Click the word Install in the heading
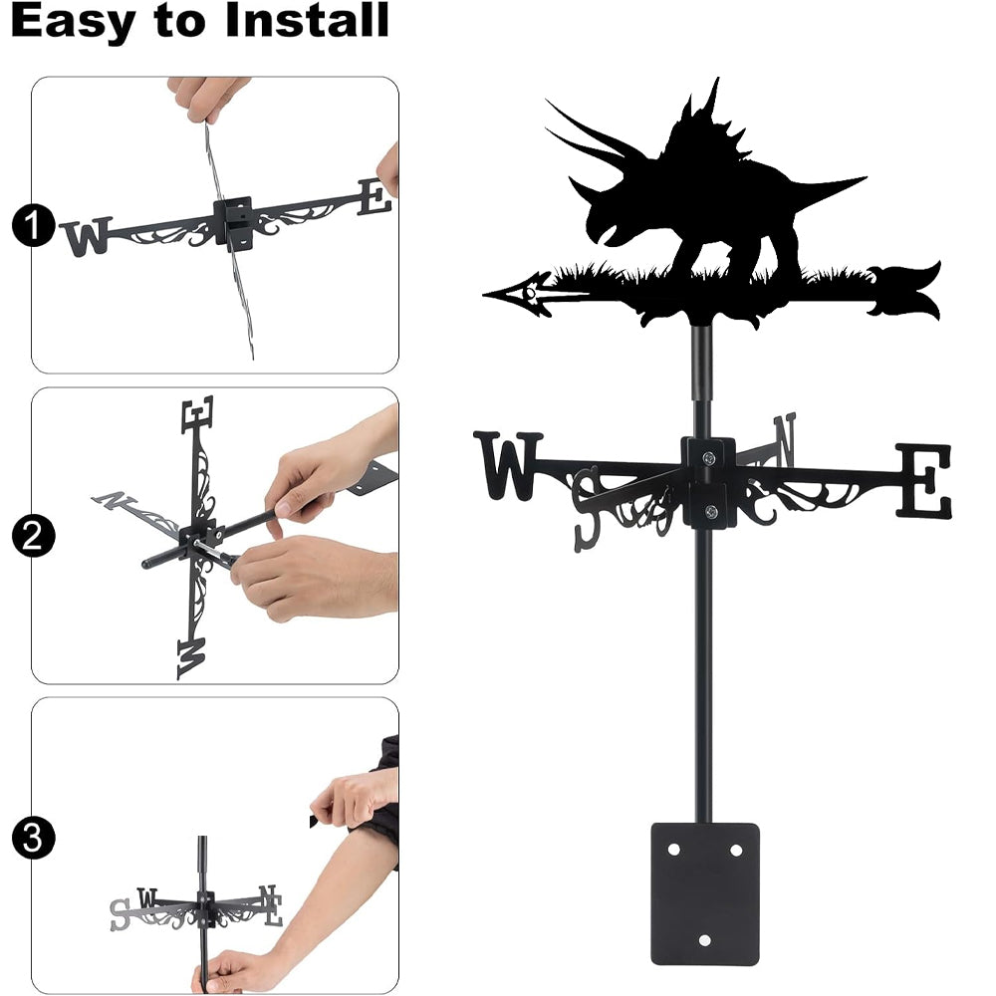pyautogui.click(x=307, y=20)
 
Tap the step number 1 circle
pyautogui.click(x=33, y=225)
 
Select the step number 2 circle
pyautogui.click(x=33, y=536)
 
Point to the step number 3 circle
pyautogui.click(x=33, y=838)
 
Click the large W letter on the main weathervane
pyautogui.click(x=508, y=465)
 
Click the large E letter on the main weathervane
pyautogui.click(x=924, y=481)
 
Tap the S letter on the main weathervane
pyautogui.click(x=587, y=509)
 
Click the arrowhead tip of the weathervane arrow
pyautogui.click(x=485, y=295)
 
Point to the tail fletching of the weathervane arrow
pyautogui.click(x=905, y=292)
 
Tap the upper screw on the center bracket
pyautogui.click(x=709, y=457)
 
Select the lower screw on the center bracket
pyautogui.click(x=711, y=511)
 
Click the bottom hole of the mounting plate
pyautogui.click(x=704, y=940)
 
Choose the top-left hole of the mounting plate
pyautogui.click(x=673, y=850)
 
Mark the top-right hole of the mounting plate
pyautogui.click(x=736, y=850)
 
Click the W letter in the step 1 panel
pyautogui.click(x=87, y=237)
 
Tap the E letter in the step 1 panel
pyautogui.click(x=374, y=196)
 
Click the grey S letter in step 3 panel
pyautogui.click(x=119, y=914)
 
